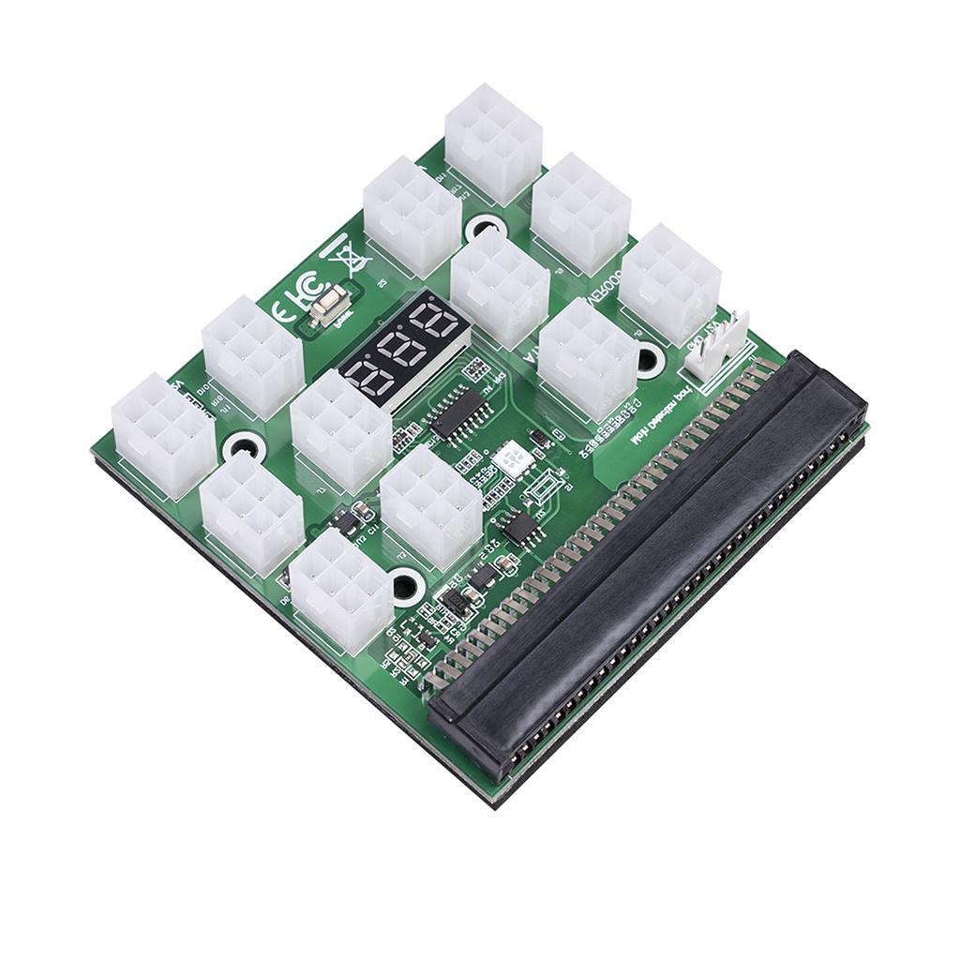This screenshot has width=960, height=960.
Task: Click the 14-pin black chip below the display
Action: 458,412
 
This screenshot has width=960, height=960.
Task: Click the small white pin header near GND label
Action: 720,353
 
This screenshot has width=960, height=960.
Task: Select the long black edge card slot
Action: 647,562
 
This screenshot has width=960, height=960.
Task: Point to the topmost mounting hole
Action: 485,226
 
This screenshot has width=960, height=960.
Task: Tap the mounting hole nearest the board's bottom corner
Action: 404,587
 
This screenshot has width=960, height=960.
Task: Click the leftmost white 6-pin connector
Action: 162,433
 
